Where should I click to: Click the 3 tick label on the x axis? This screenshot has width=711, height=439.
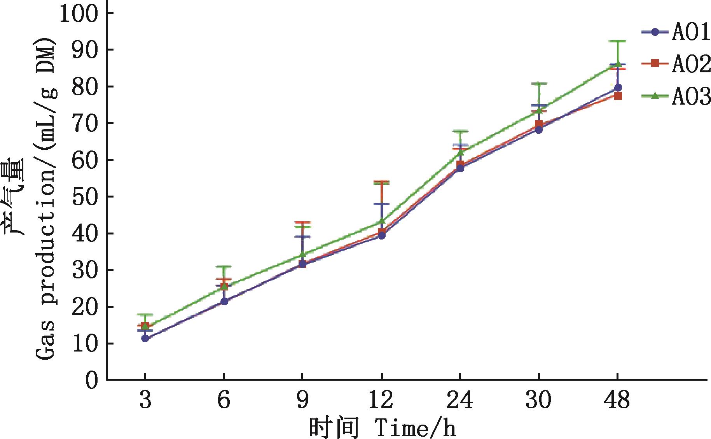(x=145, y=400)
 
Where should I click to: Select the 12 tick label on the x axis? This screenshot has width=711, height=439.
(x=381, y=400)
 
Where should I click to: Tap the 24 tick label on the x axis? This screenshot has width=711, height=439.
(x=460, y=400)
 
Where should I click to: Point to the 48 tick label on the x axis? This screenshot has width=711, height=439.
(x=617, y=400)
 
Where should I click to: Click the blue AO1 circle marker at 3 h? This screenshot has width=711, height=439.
(x=145, y=338)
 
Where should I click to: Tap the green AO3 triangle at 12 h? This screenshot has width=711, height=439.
(x=382, y=221)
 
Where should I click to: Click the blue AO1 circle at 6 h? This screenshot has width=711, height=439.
(x=224, y=301)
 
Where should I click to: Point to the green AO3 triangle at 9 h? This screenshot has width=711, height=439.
(x=302, y=255)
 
